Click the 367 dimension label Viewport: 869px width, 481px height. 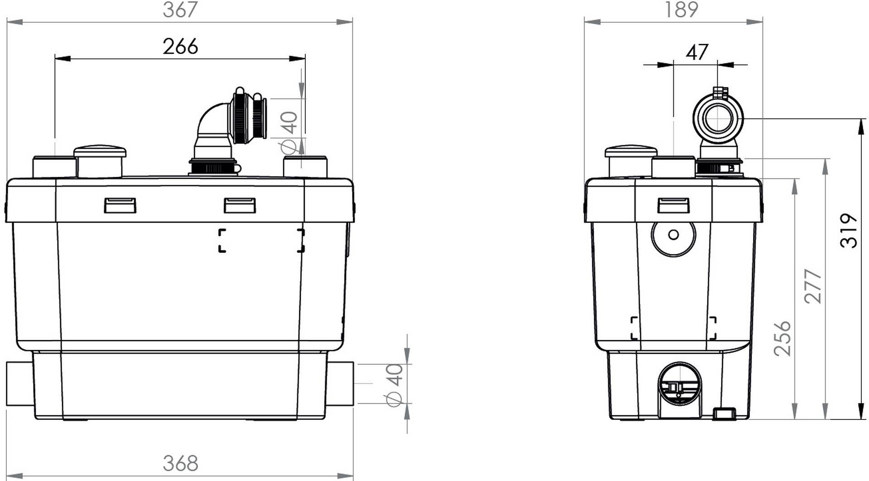[x=180, y=10]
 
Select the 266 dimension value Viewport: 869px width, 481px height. [x=180, y=47]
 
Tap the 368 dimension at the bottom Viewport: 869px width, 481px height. [x=180, y=463]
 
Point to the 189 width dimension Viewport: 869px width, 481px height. [x=681, y=10]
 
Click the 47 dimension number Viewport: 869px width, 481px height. [x=696, y=52]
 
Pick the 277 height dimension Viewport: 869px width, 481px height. [x=813, y=286]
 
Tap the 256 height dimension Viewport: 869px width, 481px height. [x=782, y=338]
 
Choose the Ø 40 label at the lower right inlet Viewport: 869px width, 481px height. [x=394, y=385]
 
